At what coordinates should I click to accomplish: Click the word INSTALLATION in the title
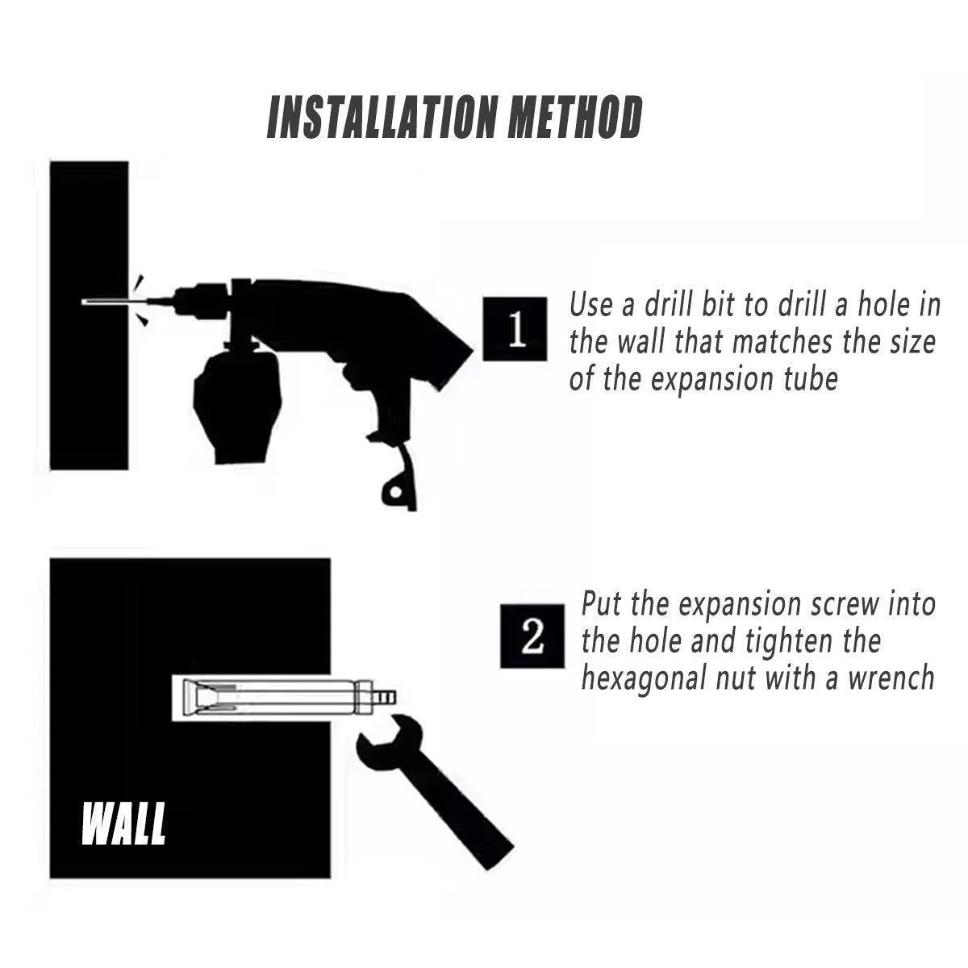(382, 118)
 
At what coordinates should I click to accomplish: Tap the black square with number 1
(515, 329)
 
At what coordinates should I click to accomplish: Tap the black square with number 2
(532, 636)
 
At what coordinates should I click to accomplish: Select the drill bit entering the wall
(115, 302)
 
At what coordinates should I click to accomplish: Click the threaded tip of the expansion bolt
(386, 697)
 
